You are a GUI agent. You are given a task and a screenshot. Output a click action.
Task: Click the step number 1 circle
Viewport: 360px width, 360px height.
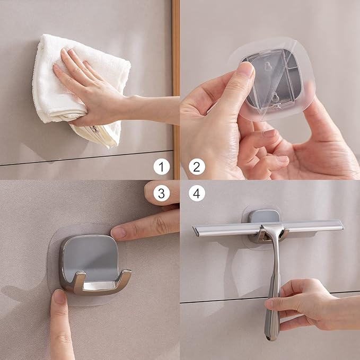162,168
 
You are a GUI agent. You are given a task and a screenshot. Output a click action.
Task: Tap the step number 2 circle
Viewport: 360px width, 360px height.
197,168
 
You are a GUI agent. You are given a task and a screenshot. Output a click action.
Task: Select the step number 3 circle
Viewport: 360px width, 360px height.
162,194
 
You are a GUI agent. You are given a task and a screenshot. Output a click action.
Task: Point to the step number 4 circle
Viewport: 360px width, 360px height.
197,194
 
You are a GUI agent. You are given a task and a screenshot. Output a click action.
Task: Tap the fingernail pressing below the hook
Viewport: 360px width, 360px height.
59,297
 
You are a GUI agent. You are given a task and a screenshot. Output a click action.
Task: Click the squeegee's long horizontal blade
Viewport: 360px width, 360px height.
223,229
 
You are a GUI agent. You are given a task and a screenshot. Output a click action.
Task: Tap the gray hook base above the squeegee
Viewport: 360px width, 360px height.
264,216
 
